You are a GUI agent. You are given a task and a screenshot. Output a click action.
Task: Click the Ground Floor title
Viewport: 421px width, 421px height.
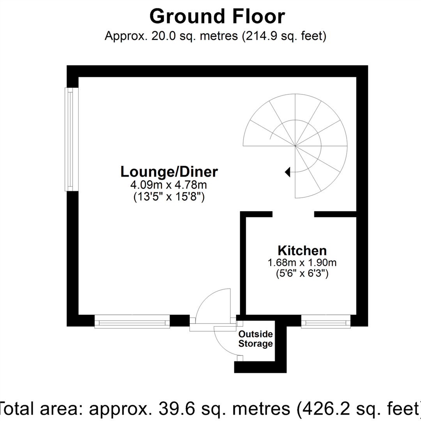pos(217,17)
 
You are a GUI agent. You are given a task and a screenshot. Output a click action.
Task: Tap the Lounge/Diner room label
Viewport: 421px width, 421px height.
pos(169,172)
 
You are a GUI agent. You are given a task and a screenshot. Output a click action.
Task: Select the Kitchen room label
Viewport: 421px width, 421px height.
pos(302,250)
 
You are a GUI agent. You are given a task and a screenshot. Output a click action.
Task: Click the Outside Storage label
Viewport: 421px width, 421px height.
pos(255,339)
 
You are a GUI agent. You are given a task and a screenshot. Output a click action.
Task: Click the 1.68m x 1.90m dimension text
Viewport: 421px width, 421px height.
pos(302,263)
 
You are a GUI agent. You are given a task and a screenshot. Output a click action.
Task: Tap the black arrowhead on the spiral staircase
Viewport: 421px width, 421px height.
pos(288,172)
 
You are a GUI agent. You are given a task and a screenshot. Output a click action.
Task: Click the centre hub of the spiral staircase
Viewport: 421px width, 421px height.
pos(295,146)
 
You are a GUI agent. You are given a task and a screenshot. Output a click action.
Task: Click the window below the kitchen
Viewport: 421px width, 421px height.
pos(326,322)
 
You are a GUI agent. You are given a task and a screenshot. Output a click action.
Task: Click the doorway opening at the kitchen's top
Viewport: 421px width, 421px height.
pos(293,214)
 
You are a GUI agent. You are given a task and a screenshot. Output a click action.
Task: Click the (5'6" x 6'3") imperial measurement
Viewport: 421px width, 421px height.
pos(302,274)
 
